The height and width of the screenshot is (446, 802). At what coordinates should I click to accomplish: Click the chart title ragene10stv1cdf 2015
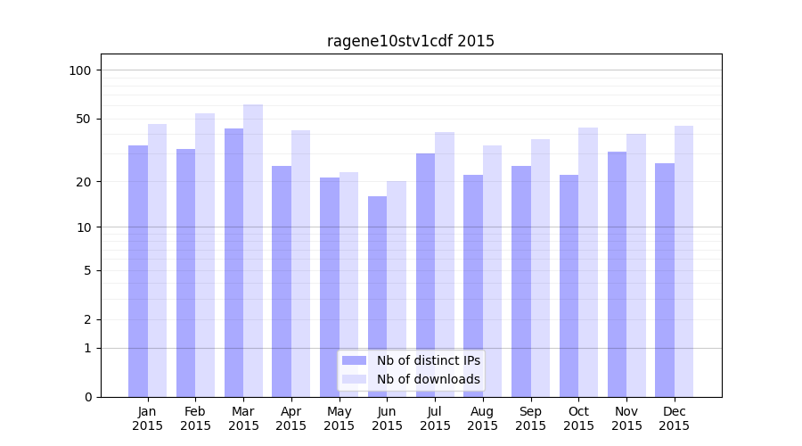[410, 41]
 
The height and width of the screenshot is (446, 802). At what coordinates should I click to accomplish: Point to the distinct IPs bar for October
[569, 285]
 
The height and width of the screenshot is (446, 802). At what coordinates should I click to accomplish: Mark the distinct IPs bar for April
[282, 281]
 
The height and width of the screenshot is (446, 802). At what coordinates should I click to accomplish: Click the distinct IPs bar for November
[618, 274]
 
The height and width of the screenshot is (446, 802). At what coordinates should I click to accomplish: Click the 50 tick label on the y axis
[84, 119]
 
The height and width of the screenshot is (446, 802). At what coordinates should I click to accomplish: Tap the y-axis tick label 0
[87, 397]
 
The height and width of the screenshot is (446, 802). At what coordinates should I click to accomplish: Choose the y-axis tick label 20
[84, 182]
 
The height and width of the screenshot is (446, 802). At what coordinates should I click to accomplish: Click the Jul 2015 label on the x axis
[435, 418]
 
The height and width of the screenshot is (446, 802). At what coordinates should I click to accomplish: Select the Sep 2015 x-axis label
[530, 418]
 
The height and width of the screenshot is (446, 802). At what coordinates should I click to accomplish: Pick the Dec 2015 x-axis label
[674, 418]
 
